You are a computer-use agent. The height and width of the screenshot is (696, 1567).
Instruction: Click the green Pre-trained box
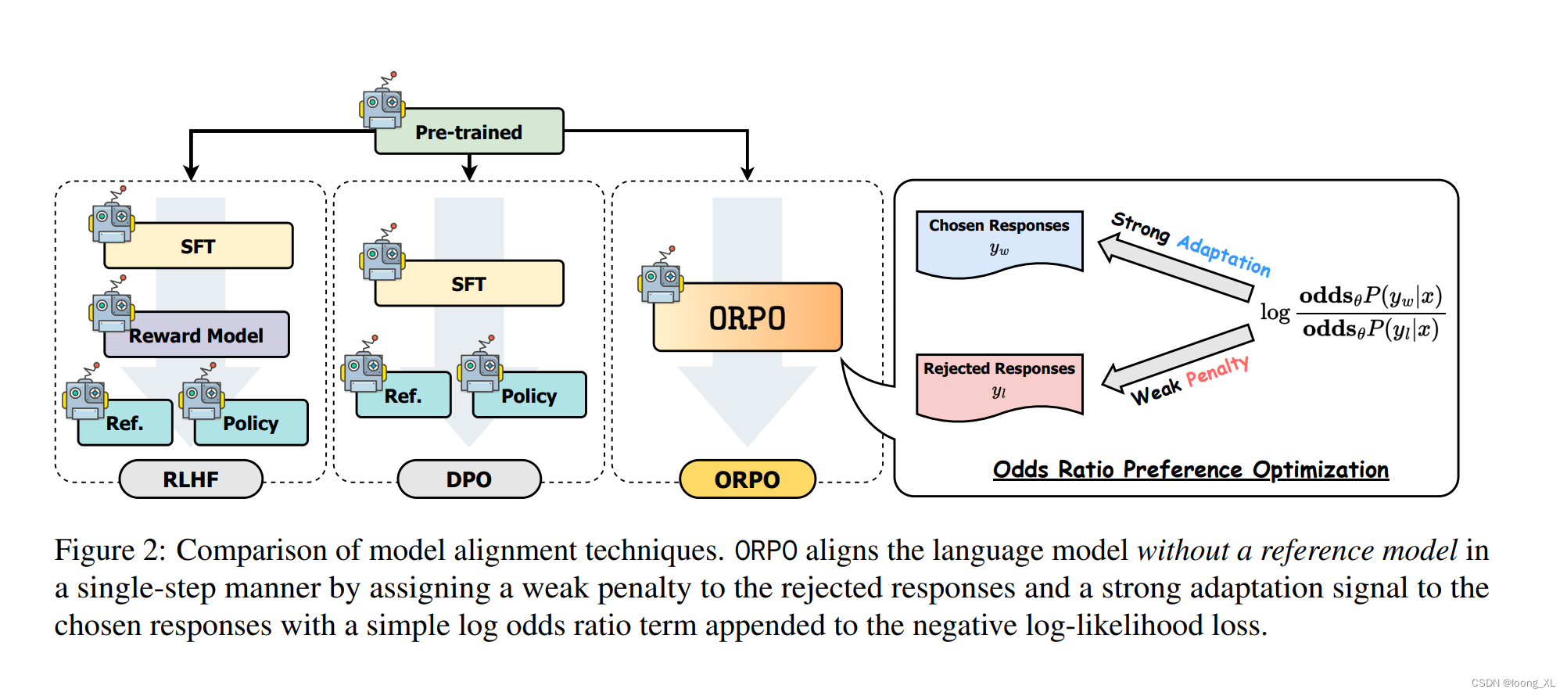(x=469, y=131)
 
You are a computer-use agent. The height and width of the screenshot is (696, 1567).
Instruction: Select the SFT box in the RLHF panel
(x=199, y=246)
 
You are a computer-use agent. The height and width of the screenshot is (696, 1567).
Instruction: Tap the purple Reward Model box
(x=197, y=335)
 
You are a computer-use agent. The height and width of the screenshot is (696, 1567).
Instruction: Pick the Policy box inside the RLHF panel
(x=251, y=423)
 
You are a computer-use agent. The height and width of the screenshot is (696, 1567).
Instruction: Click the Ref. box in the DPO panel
(x=403, y=396)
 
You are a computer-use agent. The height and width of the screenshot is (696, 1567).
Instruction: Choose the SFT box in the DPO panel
(x=469, y=284)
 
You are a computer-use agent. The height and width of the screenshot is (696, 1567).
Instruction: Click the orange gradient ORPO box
(x=748, y=318)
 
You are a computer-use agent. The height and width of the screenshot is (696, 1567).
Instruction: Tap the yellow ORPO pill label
(x=748, y=479)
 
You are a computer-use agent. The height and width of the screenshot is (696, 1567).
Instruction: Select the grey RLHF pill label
(x=191, y=479)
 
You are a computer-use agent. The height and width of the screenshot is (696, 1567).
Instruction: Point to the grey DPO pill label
(x=469, y=479)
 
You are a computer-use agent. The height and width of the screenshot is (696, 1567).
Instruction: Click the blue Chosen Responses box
(x=999, y=239)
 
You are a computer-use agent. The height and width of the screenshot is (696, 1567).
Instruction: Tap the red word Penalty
(x=1217, y=371)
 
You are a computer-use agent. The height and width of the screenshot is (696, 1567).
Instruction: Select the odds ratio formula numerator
(x=1370, y=296)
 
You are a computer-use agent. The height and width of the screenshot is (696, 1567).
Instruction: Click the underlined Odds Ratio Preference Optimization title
(x=1190, y=469)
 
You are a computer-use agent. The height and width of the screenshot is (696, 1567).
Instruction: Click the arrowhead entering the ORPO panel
(x=748, y=172)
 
